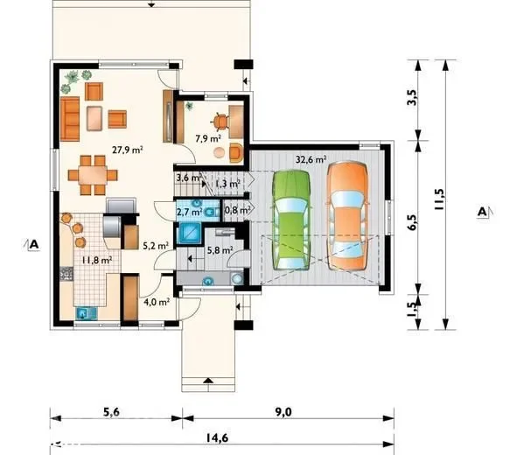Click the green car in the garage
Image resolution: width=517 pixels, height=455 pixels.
pyautogui.click(x=291, y=220)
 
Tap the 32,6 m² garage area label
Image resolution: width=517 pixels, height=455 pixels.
pyautogui.click(x=311, y=160)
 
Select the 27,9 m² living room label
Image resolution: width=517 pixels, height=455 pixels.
pyautogui.click(x=127, y=150)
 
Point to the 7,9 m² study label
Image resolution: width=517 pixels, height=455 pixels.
pyautogui.click(x=207, y=138)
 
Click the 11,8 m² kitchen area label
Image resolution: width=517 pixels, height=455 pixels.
pyautogui.click(x=97, y=260)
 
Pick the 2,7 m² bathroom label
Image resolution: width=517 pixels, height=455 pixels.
pyautogui.click(x=190, y=212)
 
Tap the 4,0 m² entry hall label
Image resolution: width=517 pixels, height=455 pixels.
pyautogui.click(x=157, y=302)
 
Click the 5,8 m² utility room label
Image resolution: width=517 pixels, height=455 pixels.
pyautogui.click(x=220, y=250)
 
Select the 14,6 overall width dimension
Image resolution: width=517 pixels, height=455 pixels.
pyautogui.click(x=217, y=437)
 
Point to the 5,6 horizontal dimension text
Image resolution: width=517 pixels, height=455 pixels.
pyautogui.click(x=111, y=412)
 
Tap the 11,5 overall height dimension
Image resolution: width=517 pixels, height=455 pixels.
pyautogui.click(x=439, y=199)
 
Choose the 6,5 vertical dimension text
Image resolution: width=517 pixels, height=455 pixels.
pyautogui.click(x=412, y=222)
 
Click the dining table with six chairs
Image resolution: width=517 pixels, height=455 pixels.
pyautogui.click(x=93, y=175)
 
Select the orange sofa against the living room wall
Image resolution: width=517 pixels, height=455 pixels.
pyautogui.click(x=70, y=119)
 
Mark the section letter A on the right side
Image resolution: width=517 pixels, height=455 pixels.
pyautogui.click(x=482, y=212)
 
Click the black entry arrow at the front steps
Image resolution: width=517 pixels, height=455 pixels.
pyautogui.click(x=207, y=381)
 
